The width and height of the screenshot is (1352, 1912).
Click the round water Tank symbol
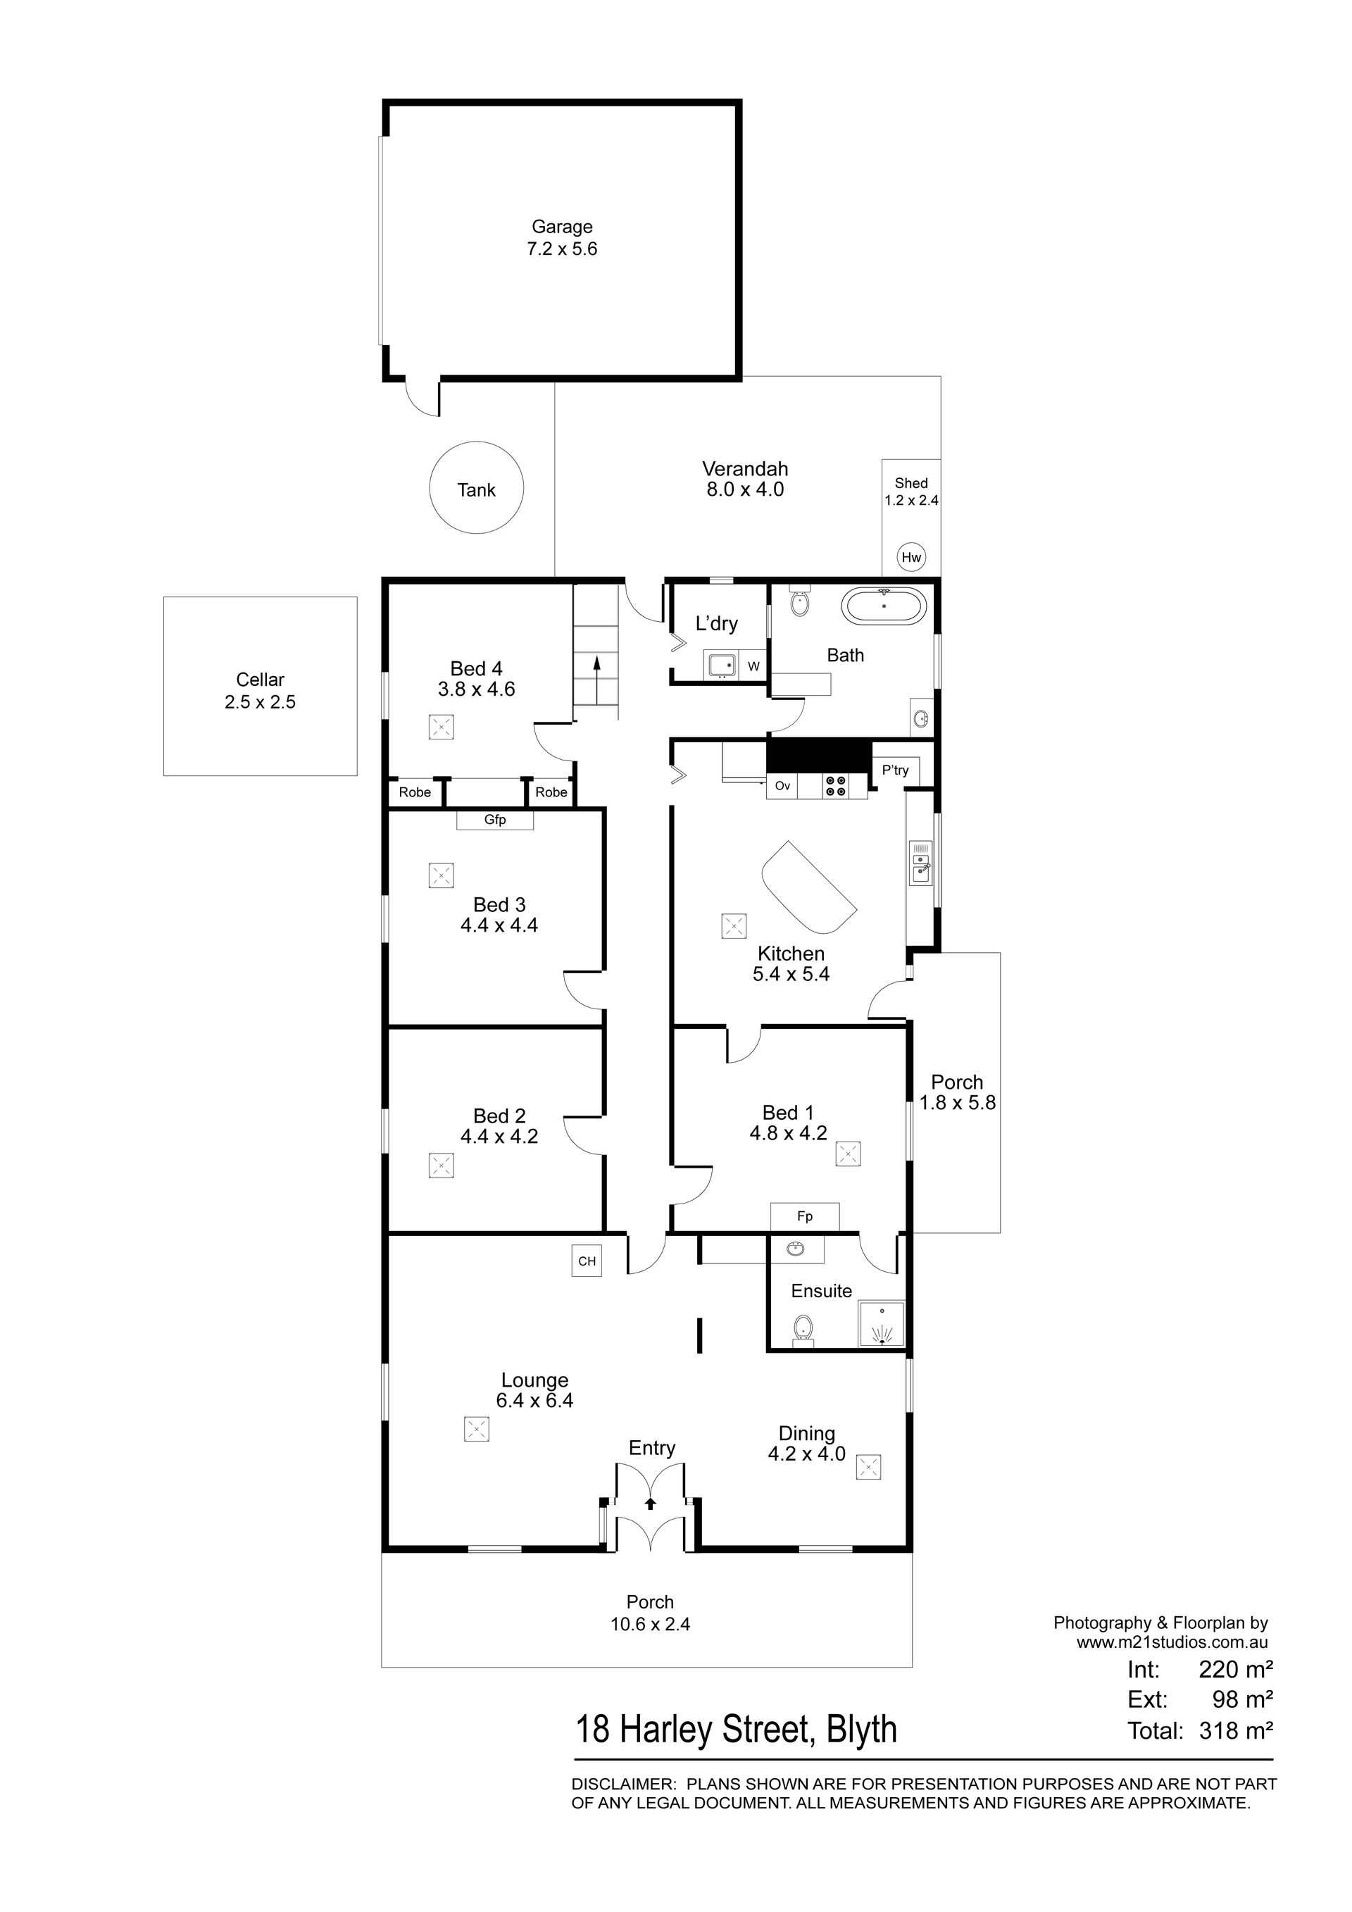pos(476,488)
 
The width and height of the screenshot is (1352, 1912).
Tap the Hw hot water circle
pos(912,557)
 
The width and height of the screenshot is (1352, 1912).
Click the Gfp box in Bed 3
pos(495,820)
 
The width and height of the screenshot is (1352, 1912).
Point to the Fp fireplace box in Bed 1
pos(805,1217)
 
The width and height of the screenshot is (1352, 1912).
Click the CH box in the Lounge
pos(587,1261)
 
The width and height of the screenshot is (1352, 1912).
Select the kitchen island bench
pos(809,888)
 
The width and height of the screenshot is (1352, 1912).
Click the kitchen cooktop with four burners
pos(836,786)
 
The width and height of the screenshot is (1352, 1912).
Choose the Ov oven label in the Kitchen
pos(782,785)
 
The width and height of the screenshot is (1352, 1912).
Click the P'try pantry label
pos(896,770)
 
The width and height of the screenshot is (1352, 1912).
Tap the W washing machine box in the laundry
pos(754,666)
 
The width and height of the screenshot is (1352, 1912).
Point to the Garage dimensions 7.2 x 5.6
pos(562,249)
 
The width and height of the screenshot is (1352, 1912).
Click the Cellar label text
pos(261,680)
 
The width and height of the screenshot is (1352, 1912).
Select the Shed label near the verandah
pos(912,483)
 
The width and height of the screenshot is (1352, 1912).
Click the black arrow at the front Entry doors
pos(650,1503)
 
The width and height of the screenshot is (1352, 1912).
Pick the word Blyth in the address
pos(862,1730)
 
